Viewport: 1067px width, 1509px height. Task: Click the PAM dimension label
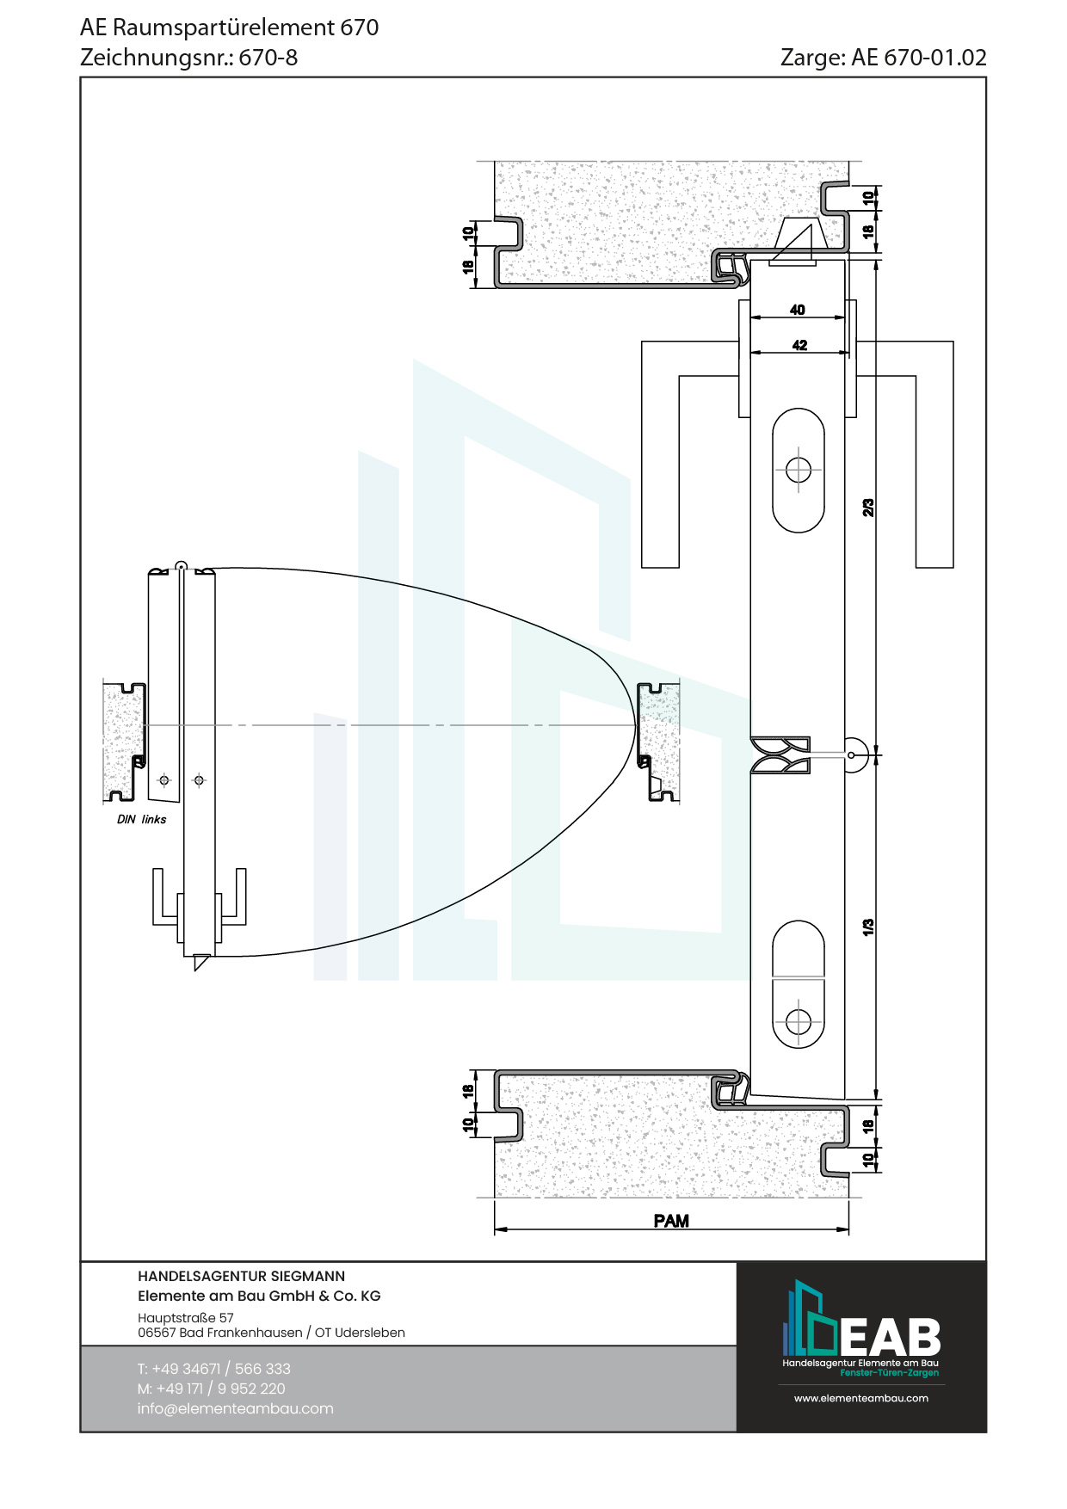671,1220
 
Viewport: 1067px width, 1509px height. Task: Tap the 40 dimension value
798,310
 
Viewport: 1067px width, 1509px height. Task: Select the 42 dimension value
800,345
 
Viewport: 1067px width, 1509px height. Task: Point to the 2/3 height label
868,508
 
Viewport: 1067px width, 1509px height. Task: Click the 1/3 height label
868,927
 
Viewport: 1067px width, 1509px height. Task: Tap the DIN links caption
142,819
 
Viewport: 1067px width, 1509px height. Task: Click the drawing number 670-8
268,58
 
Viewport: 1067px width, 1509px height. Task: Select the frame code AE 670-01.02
919,58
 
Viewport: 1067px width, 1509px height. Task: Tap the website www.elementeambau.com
861,1398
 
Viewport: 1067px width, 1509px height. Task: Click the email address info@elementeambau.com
235,1408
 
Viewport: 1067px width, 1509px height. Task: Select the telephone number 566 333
262,1369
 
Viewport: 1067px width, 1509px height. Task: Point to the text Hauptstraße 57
186,1317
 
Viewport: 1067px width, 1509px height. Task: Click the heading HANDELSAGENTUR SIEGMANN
241,1276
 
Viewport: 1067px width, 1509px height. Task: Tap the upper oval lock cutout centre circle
799,471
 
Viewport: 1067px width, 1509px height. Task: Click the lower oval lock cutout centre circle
799,1021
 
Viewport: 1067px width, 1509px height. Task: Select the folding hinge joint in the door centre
780,754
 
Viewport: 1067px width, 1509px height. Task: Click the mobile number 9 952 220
251,1389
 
